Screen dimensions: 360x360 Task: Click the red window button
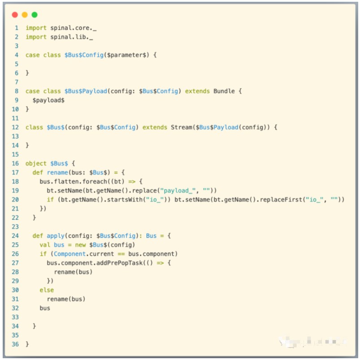point(15,15)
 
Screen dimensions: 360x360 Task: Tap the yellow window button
point(25,15)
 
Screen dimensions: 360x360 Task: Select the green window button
point(35,15)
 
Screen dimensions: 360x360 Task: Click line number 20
point(15,200)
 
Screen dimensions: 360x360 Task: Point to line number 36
point(15,344)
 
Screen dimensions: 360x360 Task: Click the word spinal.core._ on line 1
point(74,28)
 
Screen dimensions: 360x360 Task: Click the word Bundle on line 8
point(224,91)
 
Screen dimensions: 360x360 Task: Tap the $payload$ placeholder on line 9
point(48,100)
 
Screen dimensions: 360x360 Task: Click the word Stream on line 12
point(182,127)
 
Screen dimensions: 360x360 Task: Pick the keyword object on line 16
point(36,163)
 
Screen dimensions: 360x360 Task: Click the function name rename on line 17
point(57,172)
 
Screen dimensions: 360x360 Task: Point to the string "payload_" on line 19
point(178,191)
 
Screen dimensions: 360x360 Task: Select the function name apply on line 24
point(56,236)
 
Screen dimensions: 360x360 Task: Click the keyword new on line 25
point(80,245)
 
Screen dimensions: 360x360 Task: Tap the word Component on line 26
point(69,254)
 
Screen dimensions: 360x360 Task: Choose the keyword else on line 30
point(47,290)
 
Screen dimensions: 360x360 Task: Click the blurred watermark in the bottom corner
point(312,342)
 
